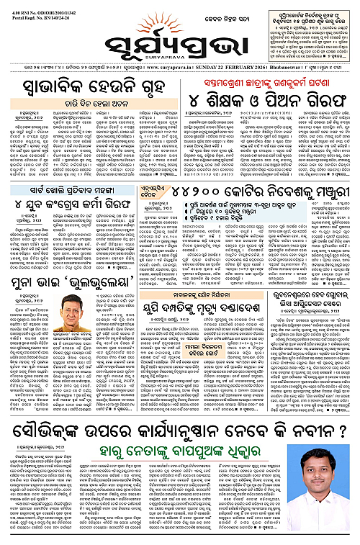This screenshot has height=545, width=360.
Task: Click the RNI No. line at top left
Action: pyautogui.click(x=37, y=5)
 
